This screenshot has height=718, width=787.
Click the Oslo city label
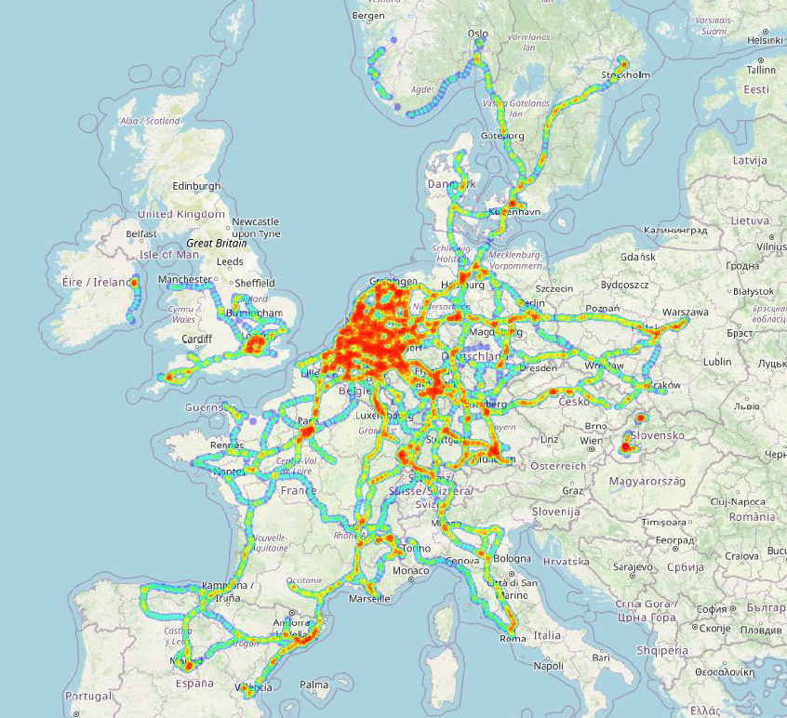(x=478, y=33)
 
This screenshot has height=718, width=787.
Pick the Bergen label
(x=369, y=16)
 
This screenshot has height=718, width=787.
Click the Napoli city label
(x=548, y=665)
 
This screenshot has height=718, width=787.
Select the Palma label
(x=314, y=685)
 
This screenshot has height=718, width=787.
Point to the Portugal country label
(x=88, y=696)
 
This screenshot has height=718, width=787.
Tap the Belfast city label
(x=142, y=233)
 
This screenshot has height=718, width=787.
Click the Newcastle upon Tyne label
(x=255, y=227)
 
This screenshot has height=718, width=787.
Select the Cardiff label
(x=198, y=339)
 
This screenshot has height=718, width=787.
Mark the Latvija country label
(x=749, y=160)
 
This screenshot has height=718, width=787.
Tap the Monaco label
(x=411, y=570)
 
